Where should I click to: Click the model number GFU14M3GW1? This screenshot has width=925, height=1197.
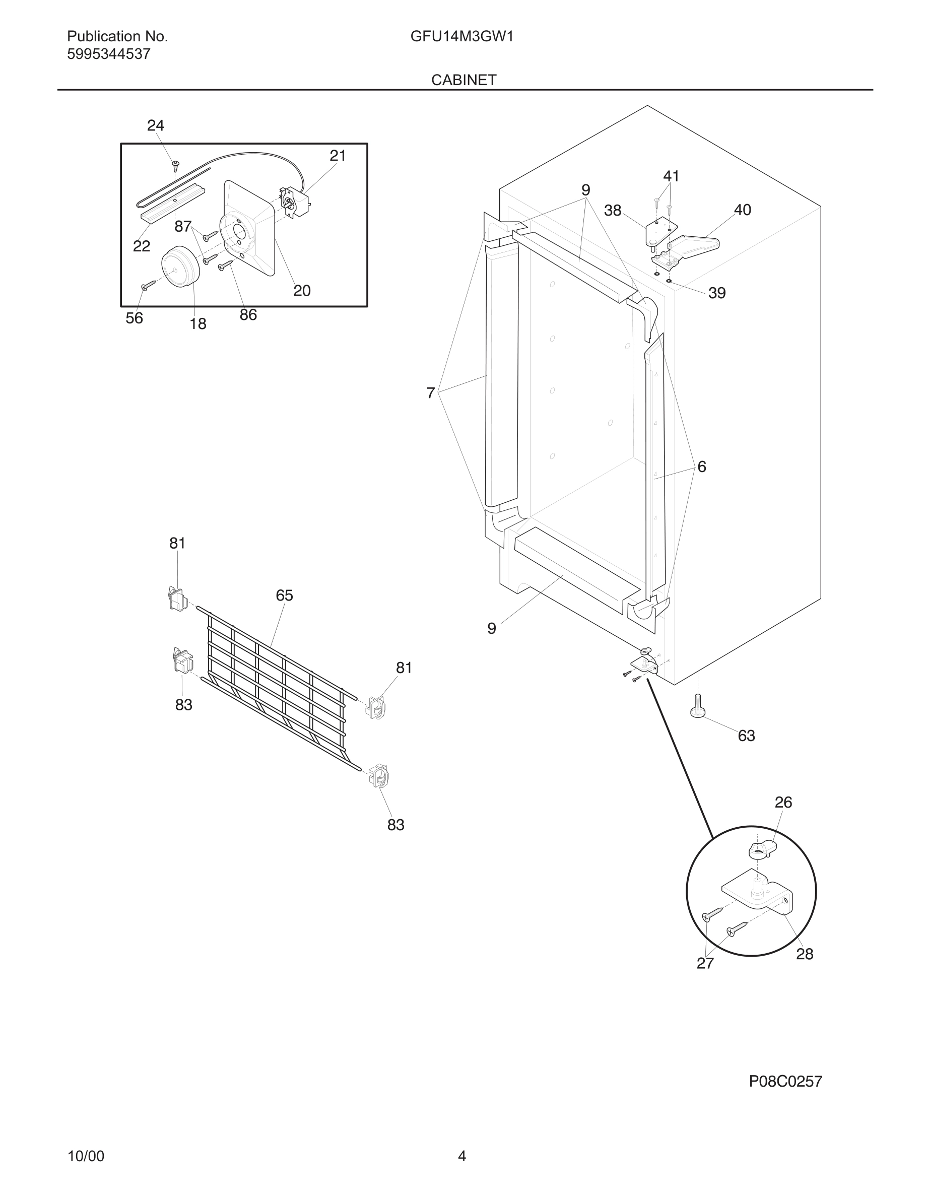[x=461, y=37]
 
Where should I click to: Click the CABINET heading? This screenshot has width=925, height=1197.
[x=464, y=80]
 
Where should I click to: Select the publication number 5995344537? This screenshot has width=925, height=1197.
[x=108, y=54]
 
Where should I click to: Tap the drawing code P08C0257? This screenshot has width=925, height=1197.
[x=785, y=1081]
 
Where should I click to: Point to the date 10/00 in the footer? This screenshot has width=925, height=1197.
[x=86, y=1156]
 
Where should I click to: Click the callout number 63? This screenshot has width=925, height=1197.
[x=746, y=736]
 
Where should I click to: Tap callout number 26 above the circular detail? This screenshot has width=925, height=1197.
[x=783, y=803]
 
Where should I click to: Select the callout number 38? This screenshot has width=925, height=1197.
[x=613, y=211]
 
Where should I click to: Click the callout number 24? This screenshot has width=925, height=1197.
[x=156, y=125]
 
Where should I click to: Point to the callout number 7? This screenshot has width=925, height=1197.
[x=431, y=393]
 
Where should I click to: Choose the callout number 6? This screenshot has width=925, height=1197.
[x=701, y=467]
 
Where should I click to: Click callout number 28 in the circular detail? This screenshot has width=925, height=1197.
[x=804, y=954]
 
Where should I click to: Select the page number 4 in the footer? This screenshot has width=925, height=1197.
[x=462, y=1156]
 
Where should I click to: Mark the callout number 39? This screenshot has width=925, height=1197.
[x=717, y=293]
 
